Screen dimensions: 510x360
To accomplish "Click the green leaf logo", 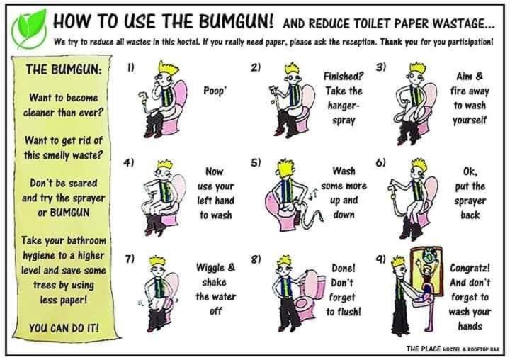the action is (x=30, y=29).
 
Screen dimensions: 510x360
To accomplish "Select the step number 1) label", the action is (x=130, y=68).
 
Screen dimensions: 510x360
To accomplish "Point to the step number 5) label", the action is (x=256, y=162).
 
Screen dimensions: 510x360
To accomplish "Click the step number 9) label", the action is (x=381, y=259).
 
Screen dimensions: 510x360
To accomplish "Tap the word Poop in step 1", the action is (x=214, y=91).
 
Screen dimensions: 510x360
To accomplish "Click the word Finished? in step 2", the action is (x=343, y=76).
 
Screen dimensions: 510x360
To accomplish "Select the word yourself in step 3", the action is (x=470, y=120).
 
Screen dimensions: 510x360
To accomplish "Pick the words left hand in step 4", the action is (x=215, y=201).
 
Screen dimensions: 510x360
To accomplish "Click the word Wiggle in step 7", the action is (x=211, y=268).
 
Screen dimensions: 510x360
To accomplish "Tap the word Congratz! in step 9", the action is (x=470, y=268).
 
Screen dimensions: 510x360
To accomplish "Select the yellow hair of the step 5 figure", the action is (x=285, y=167).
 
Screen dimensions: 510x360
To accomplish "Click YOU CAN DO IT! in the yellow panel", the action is (x=64, y=328).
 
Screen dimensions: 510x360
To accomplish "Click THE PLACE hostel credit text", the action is (x=452, y=349).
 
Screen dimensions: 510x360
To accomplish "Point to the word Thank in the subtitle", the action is (x=391, y=42).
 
